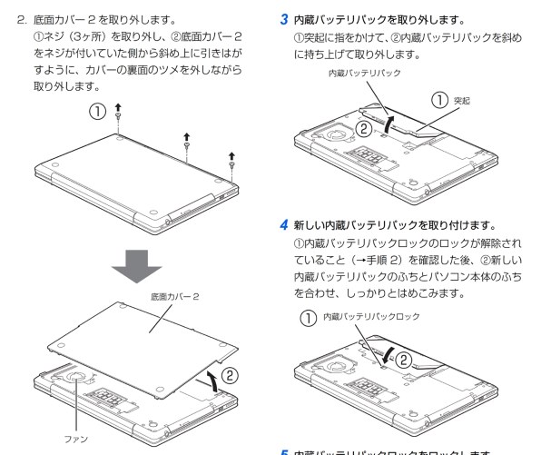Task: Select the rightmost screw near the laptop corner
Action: pyautogui.click(x=231, y=164)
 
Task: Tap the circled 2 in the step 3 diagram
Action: pyautogui.click(x=363, y=129)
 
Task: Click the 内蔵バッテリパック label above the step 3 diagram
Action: pyautogui.click(x=363, y=73)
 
